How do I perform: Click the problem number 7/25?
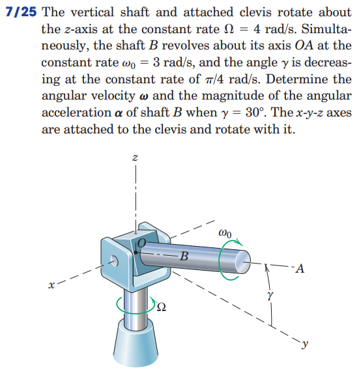click(20, 12)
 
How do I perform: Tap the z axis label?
click(134, 158)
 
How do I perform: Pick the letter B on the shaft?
click(184, 256)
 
